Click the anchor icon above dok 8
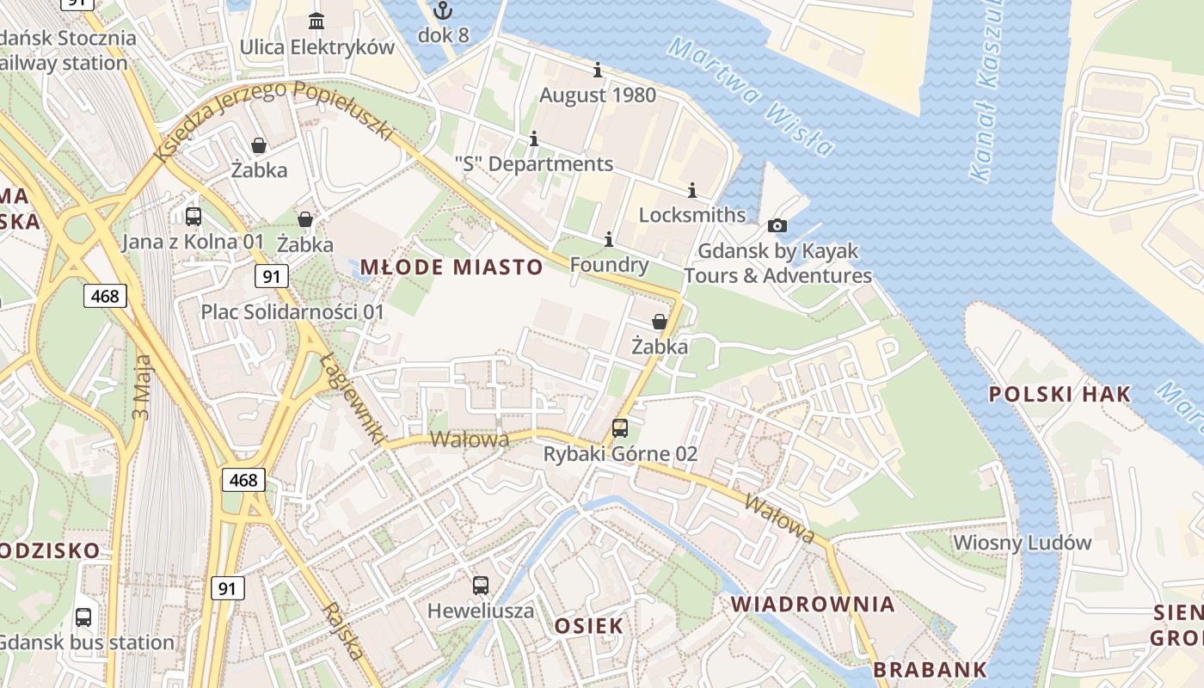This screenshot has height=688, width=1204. [x=443, y=11]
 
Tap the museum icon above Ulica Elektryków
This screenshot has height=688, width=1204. [x=316, y=21]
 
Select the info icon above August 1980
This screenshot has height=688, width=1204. [x=598, y=71]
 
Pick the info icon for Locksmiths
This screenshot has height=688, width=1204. [x=692, y=190]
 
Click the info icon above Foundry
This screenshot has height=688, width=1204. [x=609, y=239]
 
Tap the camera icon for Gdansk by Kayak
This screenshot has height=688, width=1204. [x=777, y=225]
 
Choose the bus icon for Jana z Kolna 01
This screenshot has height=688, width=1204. [x=193, y=216]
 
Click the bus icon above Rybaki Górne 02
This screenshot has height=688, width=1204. [x=620, y=427]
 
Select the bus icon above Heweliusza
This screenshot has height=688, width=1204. [x=481, y=586]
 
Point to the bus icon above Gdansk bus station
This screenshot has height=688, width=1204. [x=83, y=617]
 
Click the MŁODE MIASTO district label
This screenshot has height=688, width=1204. [x=451, y=267]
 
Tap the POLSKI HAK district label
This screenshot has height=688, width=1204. [x=1060, y=395]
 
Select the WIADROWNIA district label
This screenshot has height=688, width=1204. [x=813, y=605]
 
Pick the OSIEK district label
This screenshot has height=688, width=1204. [x=588, y=626]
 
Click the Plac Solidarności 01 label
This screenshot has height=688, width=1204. [x=292, y=311]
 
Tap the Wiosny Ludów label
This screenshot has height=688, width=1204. [x=1023, y=543]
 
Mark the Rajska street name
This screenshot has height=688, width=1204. [x=343, y=632]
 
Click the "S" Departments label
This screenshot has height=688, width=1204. [x=534, y=164]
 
